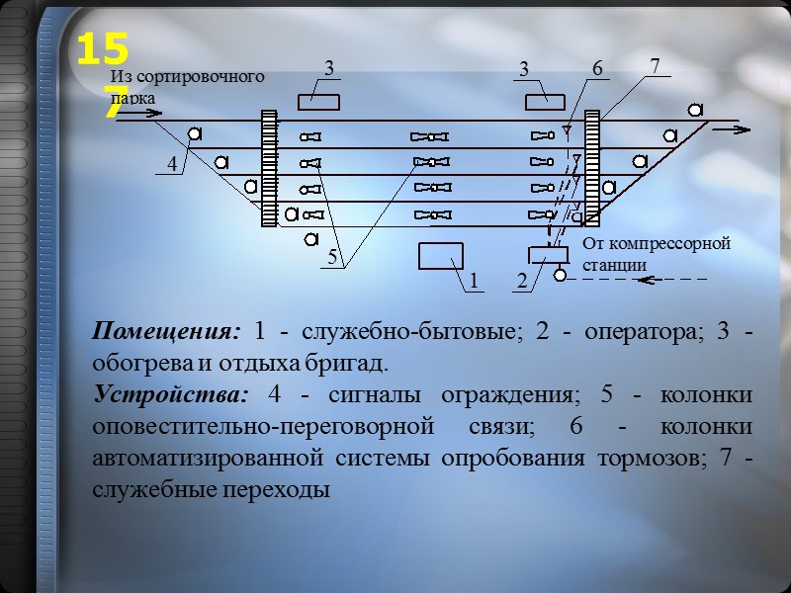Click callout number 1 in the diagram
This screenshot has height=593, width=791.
(474, 281)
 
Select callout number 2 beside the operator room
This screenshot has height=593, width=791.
(521, 282)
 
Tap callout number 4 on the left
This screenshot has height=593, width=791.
(172, 166)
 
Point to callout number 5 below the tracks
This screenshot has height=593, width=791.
(333, 257)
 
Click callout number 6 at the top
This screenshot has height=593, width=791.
(597, 68)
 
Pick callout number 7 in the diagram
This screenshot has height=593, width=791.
(655, 65)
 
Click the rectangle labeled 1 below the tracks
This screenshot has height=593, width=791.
(440, 256)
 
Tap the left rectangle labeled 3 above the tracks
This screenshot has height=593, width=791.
(318, 101)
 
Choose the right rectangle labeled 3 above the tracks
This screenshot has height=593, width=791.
(545, 101)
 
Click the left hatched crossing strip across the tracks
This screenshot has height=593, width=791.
(268, 168)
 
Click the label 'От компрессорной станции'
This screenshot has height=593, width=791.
(656, 254)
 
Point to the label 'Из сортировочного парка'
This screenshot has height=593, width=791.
(186, 85)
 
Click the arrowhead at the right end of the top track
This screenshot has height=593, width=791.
(745, 127)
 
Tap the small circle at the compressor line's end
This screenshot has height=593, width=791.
(561, 276)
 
